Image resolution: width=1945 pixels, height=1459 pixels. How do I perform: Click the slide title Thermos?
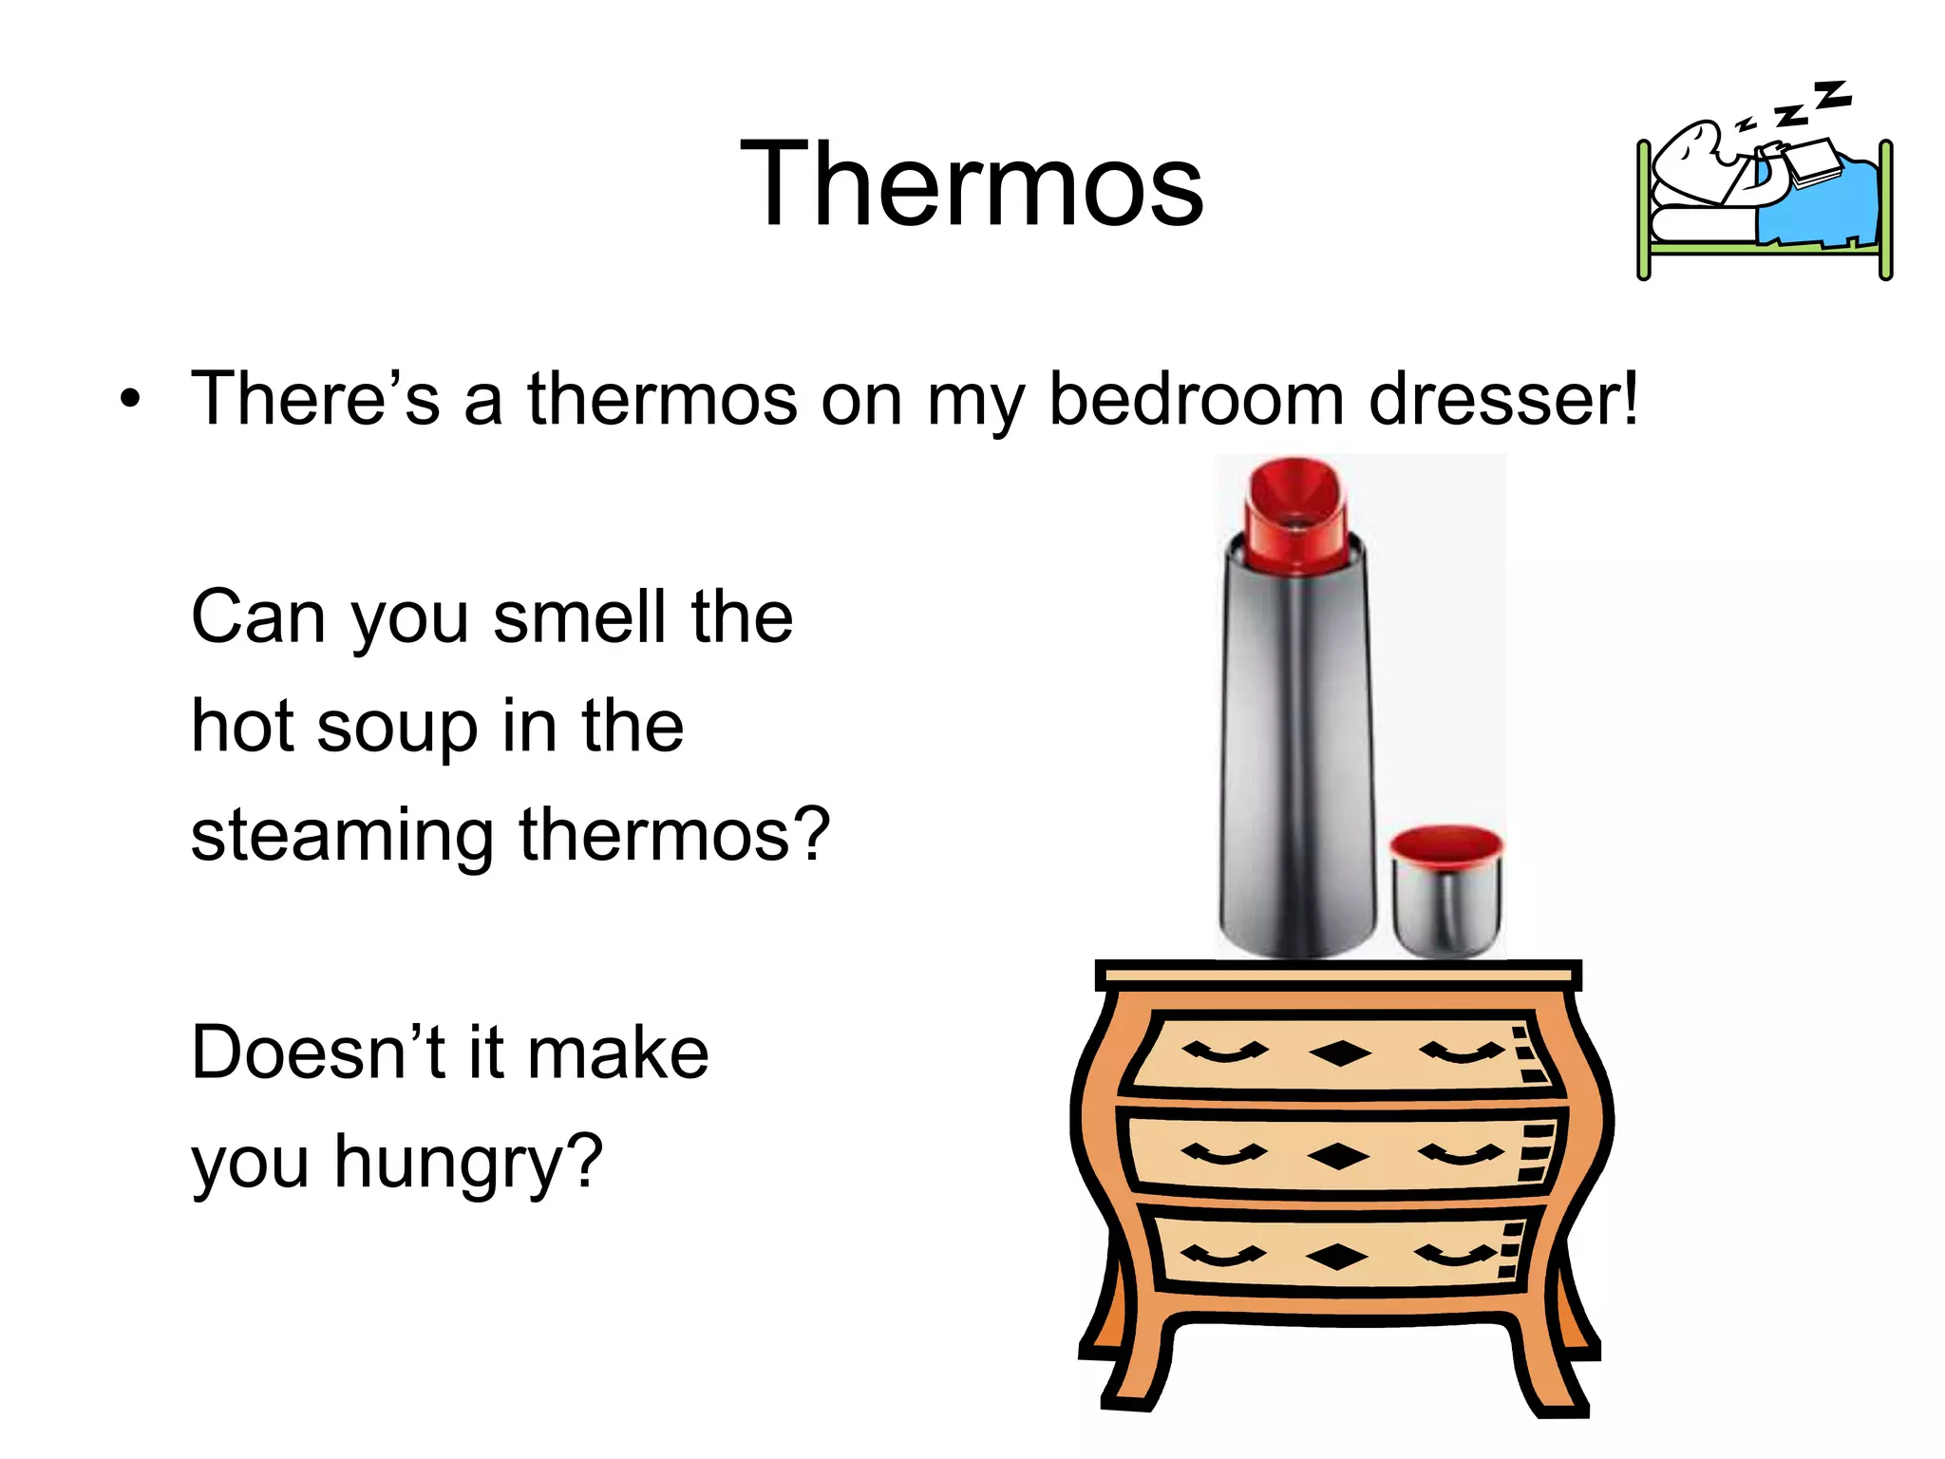[x=971, y=184]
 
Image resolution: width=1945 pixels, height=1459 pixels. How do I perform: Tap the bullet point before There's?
[x=130, y=400]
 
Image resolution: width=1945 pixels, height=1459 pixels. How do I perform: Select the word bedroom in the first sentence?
[x=1196, y=399]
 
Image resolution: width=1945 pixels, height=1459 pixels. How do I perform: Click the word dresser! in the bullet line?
[x=1503, y=399]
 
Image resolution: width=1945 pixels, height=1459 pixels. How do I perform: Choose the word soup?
[x=396, y=728]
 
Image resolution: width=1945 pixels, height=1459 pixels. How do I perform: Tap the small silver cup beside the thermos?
[x=1445, y=893]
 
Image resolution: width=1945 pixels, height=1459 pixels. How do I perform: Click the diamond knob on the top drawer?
[x=1339, y=1053]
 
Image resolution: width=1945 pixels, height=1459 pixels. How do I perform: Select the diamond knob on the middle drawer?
[x=1337, y=1156]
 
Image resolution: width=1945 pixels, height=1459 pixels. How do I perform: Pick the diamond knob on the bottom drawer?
[x=1336, y=1257]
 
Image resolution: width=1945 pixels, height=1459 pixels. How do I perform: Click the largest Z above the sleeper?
[x=1832, y=96]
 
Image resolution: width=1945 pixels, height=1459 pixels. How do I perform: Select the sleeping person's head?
[x=1686, y=152]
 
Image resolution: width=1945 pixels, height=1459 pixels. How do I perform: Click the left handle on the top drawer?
[x=1224, y=1052]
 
